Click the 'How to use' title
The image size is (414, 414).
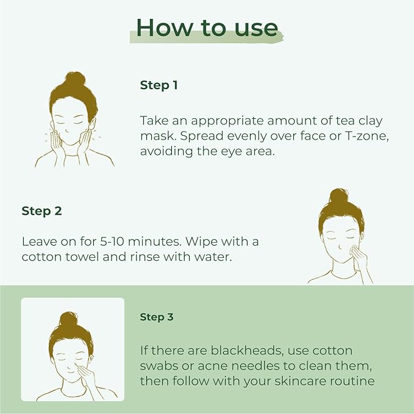pyautogui.click(x=207, y=27)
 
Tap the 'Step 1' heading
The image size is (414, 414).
pyautogui.click(x=159, y=85)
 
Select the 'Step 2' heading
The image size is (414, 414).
pyautogui.click(x=41, y=212)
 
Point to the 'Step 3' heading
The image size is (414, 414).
pyautogui.click(x=157, y=317)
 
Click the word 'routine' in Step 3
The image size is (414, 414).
pyautogui.click(x=350, y=381)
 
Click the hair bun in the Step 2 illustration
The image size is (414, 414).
pyautogui.click(x=339, y=196)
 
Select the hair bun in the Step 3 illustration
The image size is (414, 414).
pyautogui.click(x=68, y=319)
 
